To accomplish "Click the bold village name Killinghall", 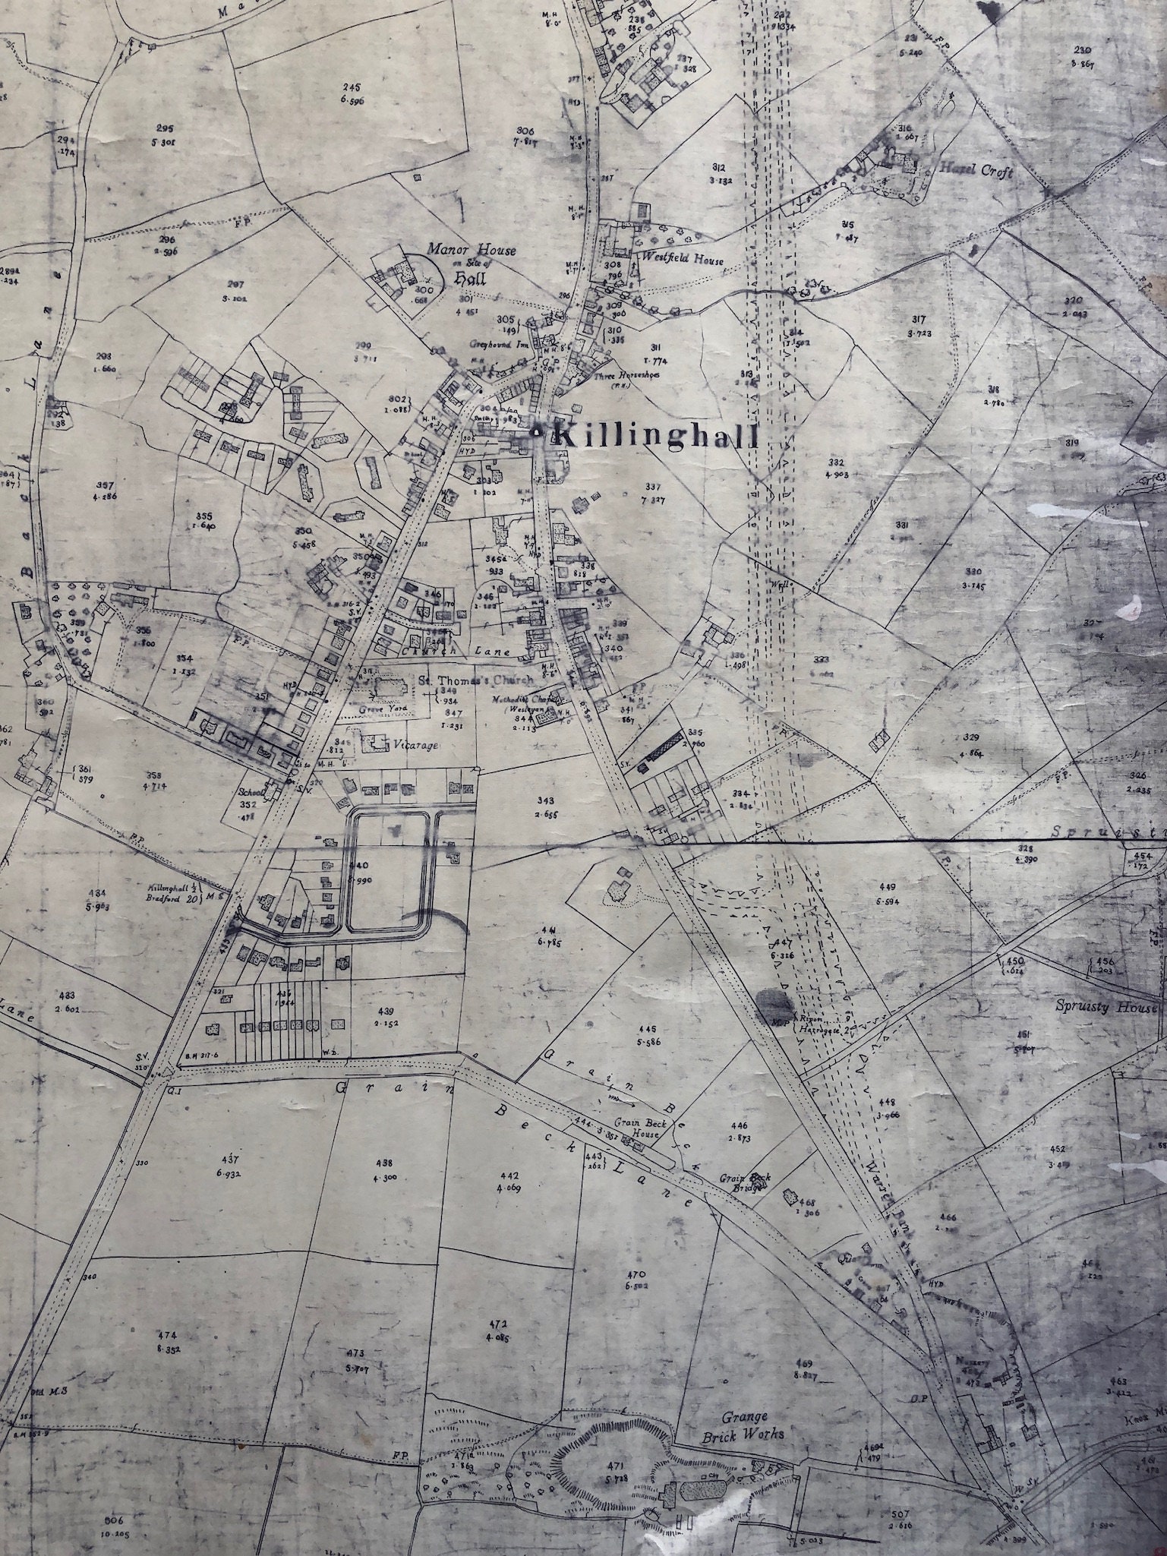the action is pyautogui.click(x=656, y=437).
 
